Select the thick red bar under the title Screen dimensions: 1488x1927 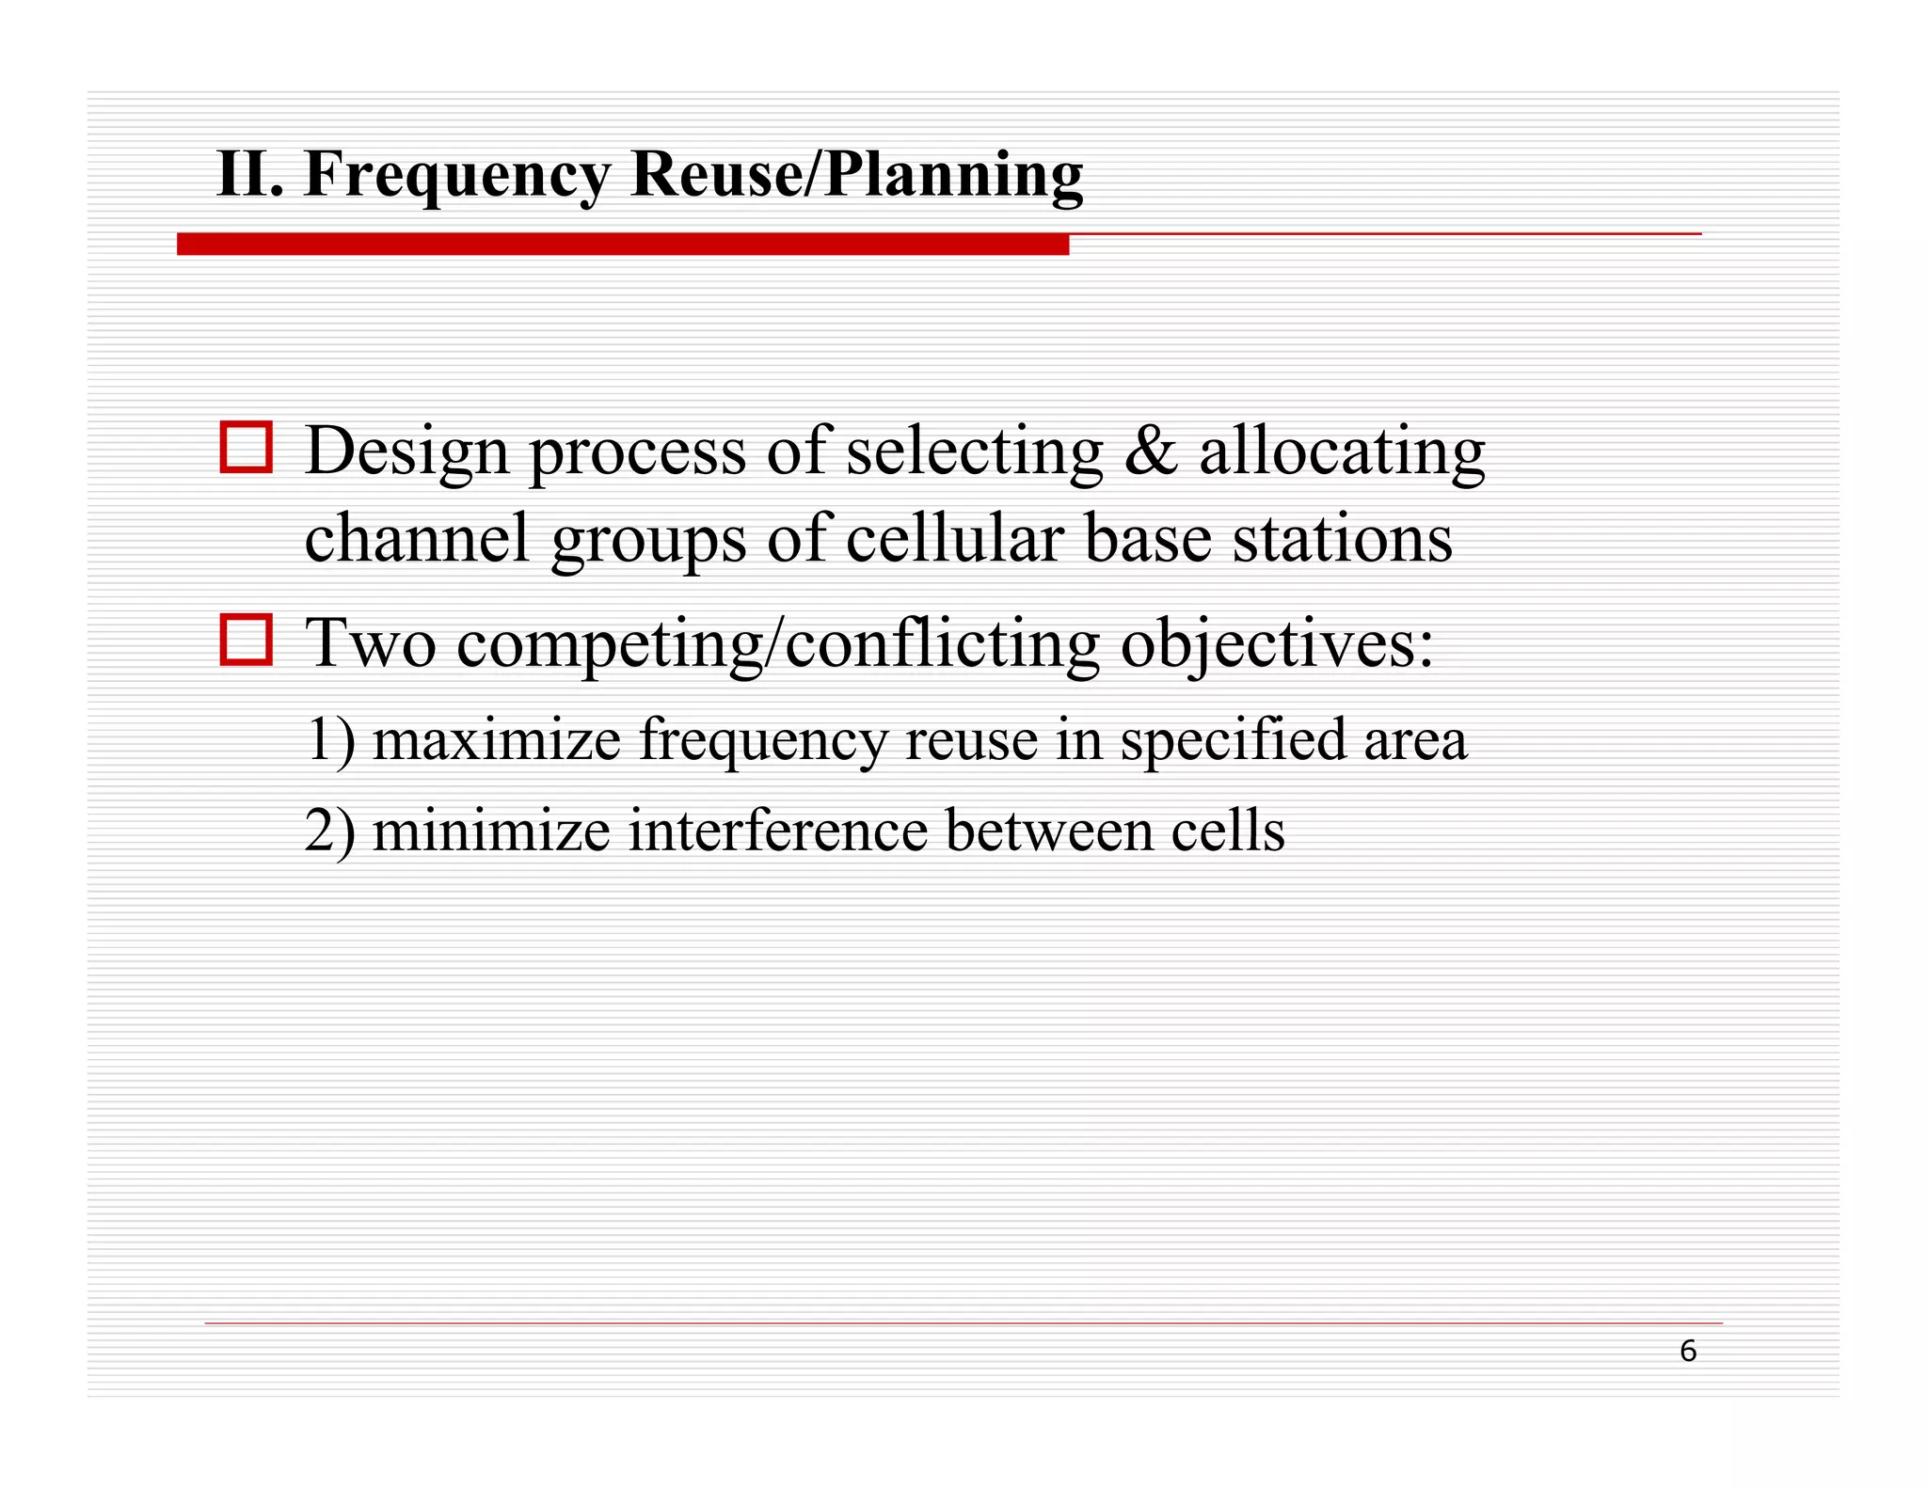pos(622,245)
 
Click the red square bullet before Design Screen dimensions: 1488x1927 pos(247,447)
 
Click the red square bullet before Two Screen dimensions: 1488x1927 pos(247,640)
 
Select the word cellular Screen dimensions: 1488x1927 pos(954,539)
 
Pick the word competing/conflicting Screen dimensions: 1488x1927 pos(778,646)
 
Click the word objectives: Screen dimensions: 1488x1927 pos(1277,646)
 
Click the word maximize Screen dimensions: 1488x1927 pos(497,740)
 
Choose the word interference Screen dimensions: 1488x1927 pos(778,832)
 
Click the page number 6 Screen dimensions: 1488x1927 pos(1687,1352)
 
